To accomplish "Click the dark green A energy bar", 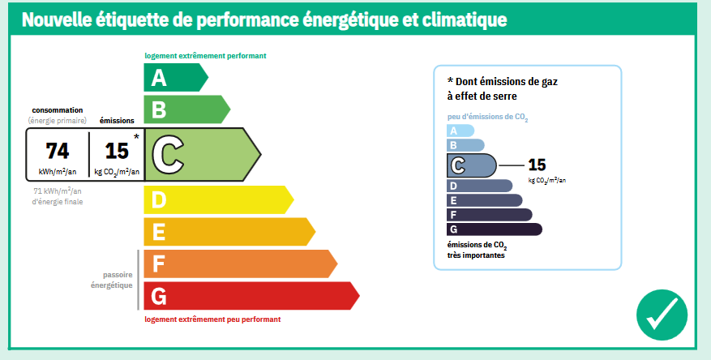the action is (175, 78).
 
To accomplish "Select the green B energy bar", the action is (186, 109).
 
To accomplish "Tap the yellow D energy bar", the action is (218, 200).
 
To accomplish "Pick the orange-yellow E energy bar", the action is (229, 232).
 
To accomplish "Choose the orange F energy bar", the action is (240, 264).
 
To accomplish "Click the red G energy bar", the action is (251, 296).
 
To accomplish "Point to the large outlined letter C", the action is (168, 155).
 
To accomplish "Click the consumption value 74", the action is (58, 151).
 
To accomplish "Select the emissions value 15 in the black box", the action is (117, 151).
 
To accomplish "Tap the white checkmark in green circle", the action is (662, 315).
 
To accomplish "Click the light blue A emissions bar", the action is (460, 131).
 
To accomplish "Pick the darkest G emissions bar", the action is (495, 229).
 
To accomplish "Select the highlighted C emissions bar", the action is (472, 165).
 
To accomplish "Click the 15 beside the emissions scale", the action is (537, 165).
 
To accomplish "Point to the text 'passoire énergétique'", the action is (112, 281).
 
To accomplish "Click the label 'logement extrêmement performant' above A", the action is (205, 56).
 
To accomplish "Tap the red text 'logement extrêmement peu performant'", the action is (212, 319).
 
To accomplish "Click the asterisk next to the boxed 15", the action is (136, 136).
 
